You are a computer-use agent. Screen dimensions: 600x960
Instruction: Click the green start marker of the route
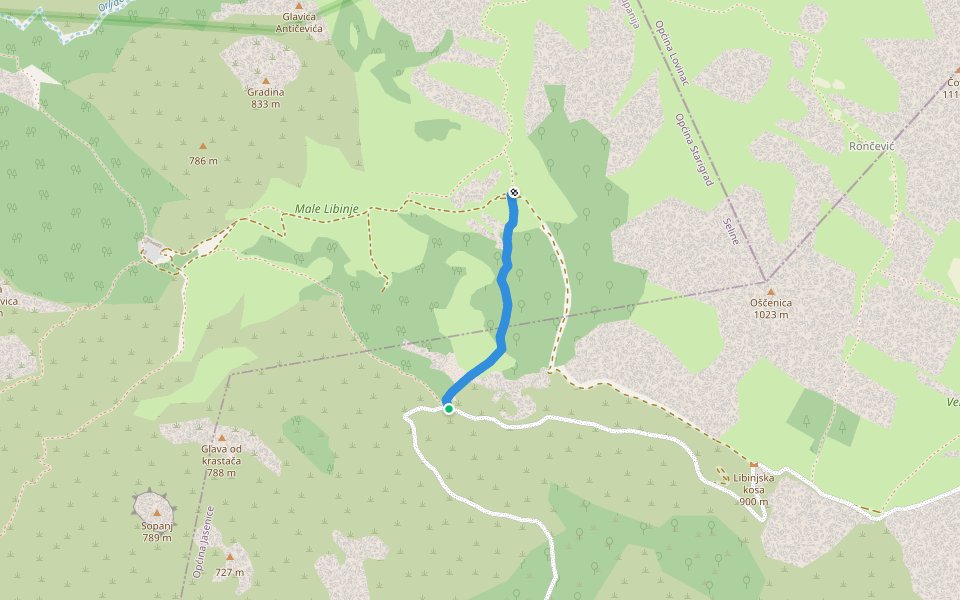coord(449,408)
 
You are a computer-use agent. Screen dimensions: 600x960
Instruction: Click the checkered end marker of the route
coord(513,192)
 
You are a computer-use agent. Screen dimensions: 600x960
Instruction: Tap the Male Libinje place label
coord(326,209)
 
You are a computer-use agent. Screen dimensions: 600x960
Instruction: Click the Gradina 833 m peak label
coord(265,98)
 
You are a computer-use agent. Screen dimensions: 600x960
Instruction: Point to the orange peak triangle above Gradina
coord(265,80)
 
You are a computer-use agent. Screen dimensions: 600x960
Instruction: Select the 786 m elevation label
coord(203,160)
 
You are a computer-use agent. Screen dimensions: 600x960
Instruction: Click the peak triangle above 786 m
coord(203,145)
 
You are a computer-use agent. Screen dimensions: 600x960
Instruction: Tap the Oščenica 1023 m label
coord(770,308)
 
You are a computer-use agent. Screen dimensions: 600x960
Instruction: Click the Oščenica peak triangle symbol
coord(770,291)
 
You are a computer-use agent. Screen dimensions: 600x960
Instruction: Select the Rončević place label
coord(871,146)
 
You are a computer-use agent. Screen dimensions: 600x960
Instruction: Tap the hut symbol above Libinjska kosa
coord(753,465)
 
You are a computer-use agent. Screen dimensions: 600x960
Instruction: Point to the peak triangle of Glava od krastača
coord(221,437)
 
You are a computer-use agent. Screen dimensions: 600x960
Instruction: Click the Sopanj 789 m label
coord(156,531)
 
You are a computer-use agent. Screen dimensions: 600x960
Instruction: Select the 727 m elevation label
coord(229,572)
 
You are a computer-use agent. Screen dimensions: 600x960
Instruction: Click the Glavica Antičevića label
coord(298,23)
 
